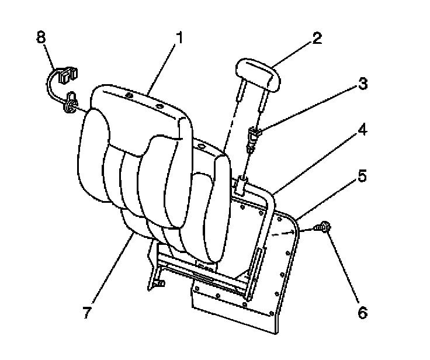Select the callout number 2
click(x=316, y=39)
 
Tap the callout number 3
click(x=362, y=83)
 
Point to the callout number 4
click(x=362, y=130)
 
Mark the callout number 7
click(x=87, y=312)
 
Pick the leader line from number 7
click(x=111, y=268)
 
